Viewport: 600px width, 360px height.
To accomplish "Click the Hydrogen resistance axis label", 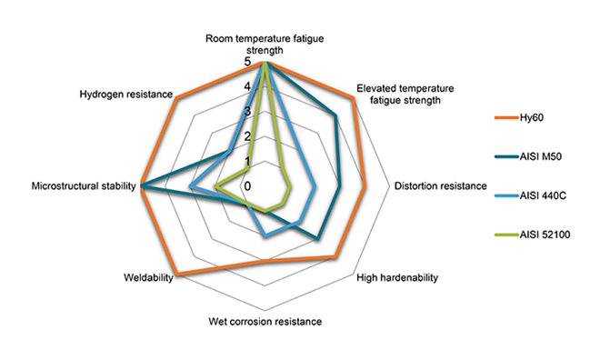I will [121, 94].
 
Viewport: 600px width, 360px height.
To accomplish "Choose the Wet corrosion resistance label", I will [265, 321].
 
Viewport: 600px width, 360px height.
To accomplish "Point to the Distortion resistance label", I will [440, 186].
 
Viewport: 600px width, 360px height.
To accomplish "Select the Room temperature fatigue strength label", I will [265, 45].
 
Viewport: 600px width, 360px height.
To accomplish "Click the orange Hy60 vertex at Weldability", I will [176, 274].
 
